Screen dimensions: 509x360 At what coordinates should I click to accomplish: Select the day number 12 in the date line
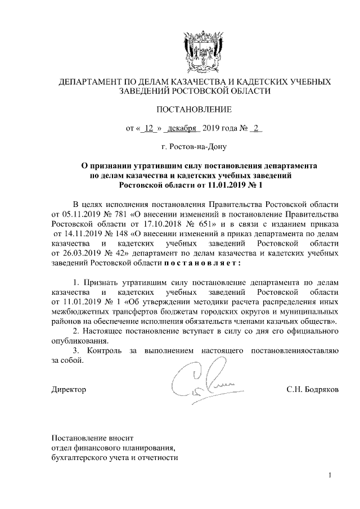149,128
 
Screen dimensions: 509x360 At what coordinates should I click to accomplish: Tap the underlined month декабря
181,128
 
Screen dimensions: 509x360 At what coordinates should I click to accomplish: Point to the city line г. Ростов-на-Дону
195,147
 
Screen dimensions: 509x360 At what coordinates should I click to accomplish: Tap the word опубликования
78,340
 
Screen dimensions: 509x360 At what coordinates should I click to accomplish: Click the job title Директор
69,390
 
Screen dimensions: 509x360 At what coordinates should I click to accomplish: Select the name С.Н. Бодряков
312,390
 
